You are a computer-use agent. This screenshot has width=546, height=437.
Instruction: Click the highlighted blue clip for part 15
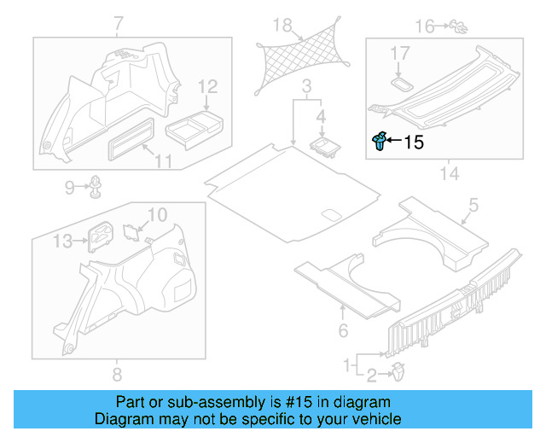coord(380,142)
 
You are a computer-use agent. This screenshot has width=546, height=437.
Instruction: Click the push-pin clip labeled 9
coord(96,186)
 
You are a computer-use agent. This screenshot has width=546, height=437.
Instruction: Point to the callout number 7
coord(117,22)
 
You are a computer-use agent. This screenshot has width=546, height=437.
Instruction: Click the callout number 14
coord(449,174)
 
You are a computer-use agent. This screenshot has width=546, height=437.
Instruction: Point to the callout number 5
coord(474,206)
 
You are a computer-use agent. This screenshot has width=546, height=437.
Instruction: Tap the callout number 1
coord(347,364)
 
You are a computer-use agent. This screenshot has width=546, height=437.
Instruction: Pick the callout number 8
coord(117,374)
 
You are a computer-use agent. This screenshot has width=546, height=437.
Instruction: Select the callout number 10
coord(158,214)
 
